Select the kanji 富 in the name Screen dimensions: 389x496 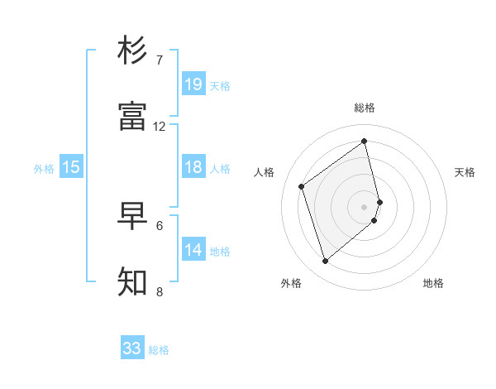132,117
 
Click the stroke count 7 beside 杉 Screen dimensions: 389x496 160,60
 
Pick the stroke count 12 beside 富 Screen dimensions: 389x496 160,127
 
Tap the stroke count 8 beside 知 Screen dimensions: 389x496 160,291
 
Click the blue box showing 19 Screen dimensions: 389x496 193,84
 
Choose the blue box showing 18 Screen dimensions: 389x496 193,167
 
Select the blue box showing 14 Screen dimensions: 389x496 193,250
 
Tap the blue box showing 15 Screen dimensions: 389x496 71,167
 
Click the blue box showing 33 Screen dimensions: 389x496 132,348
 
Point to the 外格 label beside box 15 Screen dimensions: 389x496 44,169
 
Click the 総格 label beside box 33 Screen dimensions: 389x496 160,350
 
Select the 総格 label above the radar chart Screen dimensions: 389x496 365,108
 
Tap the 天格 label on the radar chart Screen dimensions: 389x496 465,172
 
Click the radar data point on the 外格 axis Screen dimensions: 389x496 325,262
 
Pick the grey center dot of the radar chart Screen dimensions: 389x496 365,206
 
